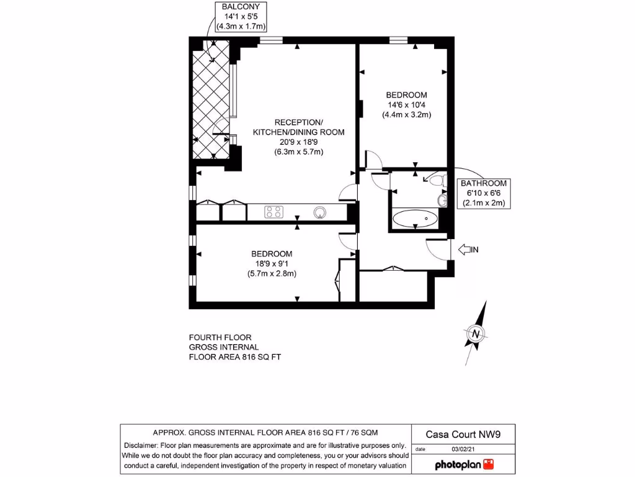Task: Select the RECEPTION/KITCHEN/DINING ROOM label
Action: [x=298, y=127]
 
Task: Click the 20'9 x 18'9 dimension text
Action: [x=298, y=142]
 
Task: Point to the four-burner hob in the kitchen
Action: [x=274, y=212]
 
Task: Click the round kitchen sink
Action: [x=320, y=212]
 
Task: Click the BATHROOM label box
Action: [x=483, y=193]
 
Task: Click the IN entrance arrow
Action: [x=468, y=250]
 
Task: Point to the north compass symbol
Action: [x=476, y=334]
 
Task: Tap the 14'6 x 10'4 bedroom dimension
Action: [x=406, y=105]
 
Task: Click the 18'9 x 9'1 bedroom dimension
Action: [x=272, y=263]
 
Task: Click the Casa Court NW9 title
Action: [x=462, y=434]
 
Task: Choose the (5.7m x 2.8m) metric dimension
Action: [x=272, y=273]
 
